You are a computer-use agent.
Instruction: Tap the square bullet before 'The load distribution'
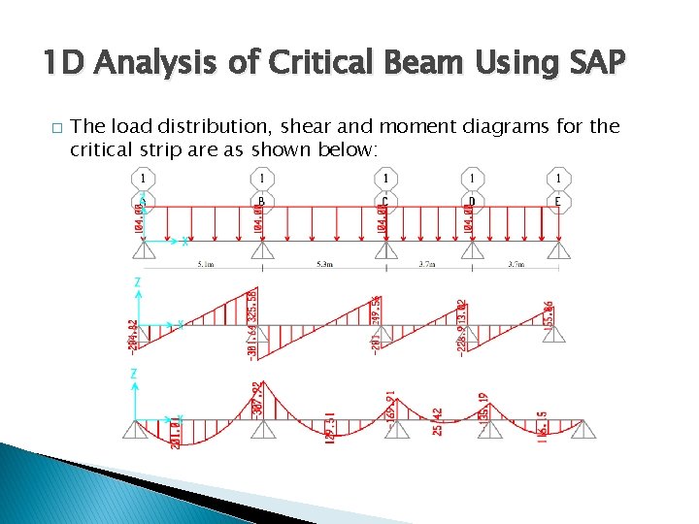click(x=57, y=128)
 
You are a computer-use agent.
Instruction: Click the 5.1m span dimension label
click(x=207, y=264)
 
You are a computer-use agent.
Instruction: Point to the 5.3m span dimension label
click(x=323, y=264)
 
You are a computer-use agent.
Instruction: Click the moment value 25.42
click(x=437, y=422)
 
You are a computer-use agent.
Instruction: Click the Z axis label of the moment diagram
click(x=137, y=374)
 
